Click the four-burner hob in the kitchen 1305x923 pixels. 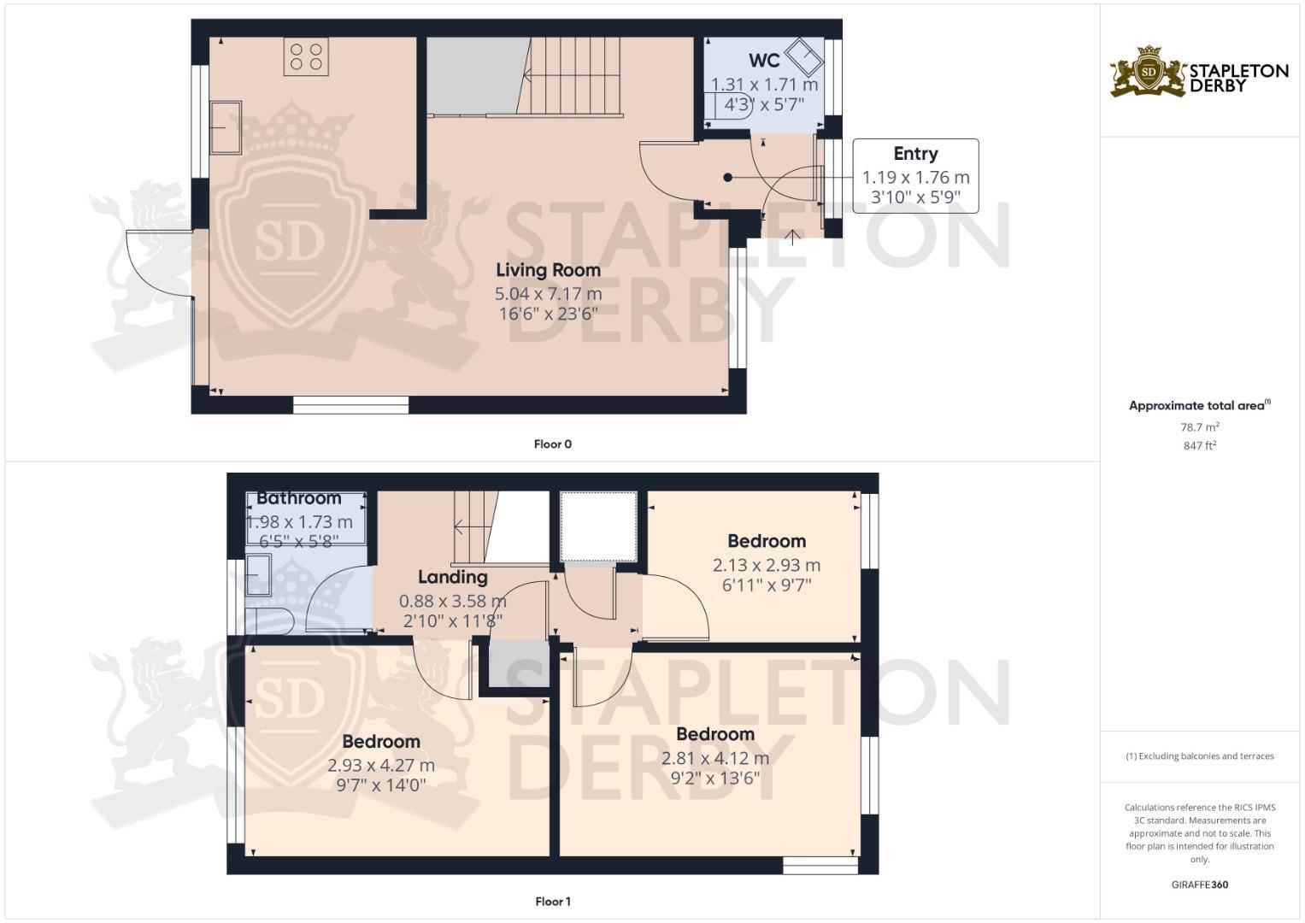[306, 57]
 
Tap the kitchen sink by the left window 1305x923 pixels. [226, 127]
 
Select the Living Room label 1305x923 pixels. [548, 270]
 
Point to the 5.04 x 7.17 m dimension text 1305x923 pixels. [548, 293]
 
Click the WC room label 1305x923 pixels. [764, 61]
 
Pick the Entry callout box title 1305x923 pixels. [915, 154]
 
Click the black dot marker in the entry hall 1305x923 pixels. [727, 178]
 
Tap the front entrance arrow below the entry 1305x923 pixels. [792, 236]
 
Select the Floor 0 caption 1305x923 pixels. [552, 444]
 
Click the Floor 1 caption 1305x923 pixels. [552, 902]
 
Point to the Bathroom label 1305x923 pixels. [298, 498]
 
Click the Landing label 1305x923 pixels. [452, 578]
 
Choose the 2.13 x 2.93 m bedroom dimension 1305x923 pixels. [766, 565]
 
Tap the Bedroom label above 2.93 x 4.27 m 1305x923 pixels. [380, 742]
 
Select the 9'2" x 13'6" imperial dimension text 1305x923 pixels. [714, 779]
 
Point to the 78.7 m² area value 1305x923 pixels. [1199, 427]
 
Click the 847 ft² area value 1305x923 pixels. [1199, 445]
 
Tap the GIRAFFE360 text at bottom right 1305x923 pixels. [1199, 885]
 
